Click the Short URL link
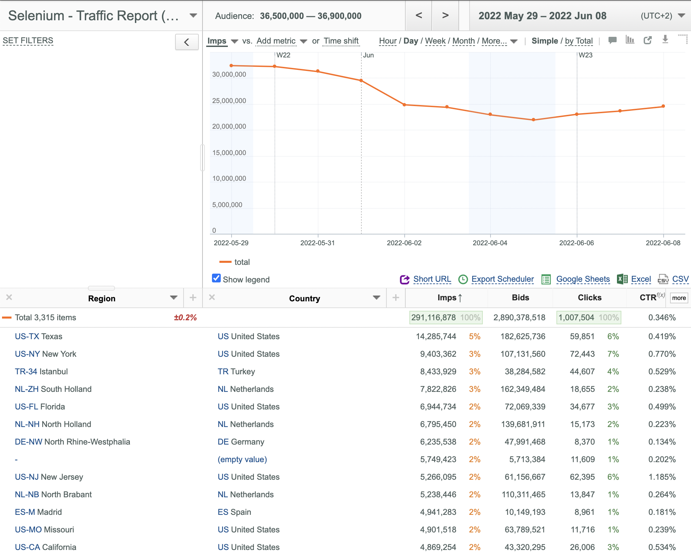pyautogui.click(x=432, y=279)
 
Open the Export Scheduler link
pyautogui.click(x=502, y=279)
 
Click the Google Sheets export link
pyautogui.click(x=583, y=279)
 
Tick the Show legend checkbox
pyautogui.click(x=216, y=278)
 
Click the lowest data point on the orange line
pyautogui.click(x=533, y=120)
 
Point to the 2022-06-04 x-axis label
pyautogui.click(x=490, y=243)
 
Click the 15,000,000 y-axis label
pyautogui.click(x=229, y=153)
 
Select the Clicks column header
pyautogui.click(x=590, y=298)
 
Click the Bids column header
pyautogui.click(x=520, y=298)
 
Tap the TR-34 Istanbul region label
pyautogui.click(x=41, y=372)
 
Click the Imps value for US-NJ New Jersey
pyautogui.click(x=438, y=477)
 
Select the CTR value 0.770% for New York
pyautogui.click(x=662, y=354)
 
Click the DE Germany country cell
pyautogui.click(x=241, y=442)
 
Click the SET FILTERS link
pyautogui.click(x=28, y=41)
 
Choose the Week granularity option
pyautogui.click(x=435, y=41)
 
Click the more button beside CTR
pyautogui.click(x=679, y=298)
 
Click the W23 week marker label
pyautogui.click(x=586, y=55)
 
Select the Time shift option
pyautogui.click(x=341, y=41)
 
